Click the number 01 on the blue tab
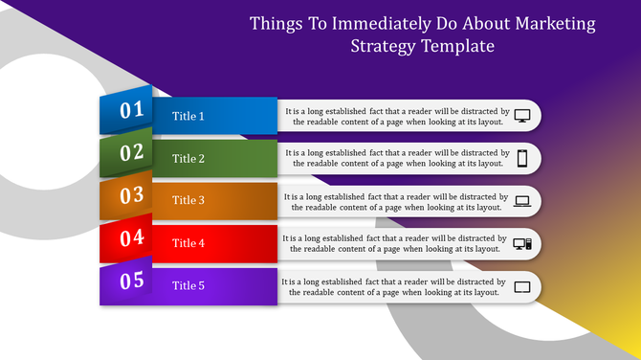coord(131,110)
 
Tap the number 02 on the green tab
coord(131,152)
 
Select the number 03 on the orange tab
coord(131,195)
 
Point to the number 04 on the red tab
coord(131,237)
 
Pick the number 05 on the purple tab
coord(131,281)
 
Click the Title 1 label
coord(188,116)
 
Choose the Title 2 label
coord(188,159)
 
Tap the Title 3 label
coord(188,201)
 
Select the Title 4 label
coord(188,243)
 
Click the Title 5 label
coord(188,285)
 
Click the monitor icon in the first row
coord(522,116)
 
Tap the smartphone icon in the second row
coord(522,159)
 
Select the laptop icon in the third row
coord(522,201)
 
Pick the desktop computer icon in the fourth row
coord(522,244)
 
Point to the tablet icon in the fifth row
coord(522,286)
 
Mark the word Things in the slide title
coord(276,23)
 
